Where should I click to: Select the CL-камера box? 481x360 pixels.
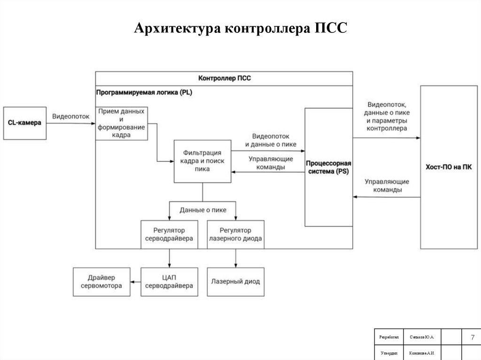[x=25, y=123]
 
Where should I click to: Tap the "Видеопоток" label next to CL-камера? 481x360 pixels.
[x=70, y=116]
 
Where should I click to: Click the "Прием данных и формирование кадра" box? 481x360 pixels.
[x=122, y=123]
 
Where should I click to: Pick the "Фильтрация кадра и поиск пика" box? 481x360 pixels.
[x=202, y=161]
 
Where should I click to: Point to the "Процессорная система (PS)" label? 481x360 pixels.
[x=328, y=167]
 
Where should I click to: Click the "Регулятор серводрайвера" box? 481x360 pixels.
[x=169, y=235]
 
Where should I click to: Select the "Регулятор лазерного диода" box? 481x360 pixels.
[x=235, y=235]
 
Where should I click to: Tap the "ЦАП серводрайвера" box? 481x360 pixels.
[x=169, y=282]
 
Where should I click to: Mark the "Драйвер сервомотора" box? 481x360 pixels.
[x=101, y=282]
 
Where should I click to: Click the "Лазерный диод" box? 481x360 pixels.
[x=235, y=282]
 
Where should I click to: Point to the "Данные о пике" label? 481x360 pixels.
[x=203, y=210]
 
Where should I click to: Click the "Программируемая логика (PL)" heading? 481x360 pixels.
[x=144, y=92]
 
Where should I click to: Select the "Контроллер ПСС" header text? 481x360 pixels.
[x=225, y=78]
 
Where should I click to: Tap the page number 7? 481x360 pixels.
[x=472, y=337]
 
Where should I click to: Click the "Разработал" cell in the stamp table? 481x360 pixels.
[x=388, y=337]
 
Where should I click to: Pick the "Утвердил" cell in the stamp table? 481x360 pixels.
[x=388, y=353]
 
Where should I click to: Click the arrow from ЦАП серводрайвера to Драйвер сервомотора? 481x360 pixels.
[x=135, y=282]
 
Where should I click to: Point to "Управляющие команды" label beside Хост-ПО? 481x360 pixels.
[x=387, y=186]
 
